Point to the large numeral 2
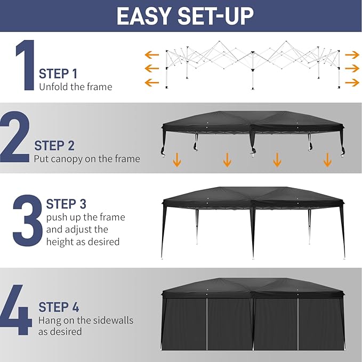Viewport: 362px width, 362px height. pyautogui.click(x=14, y=138)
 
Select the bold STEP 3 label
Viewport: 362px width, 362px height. pyautogui.click(x=66, y=204)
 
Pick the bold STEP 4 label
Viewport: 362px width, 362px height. pyautogui.click(x=59, y=307)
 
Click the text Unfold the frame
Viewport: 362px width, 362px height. pyautogui.click(x=75, y=86)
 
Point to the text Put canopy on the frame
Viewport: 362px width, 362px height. pyautogui.click(x=87, y=158)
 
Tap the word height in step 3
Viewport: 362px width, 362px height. pyautogui.click(x=60, y=242)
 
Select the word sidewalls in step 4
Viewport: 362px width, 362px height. pyautogui.click(x=110, y=320)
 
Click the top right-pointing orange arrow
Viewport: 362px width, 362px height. pyautogui.click(x=352, y=55)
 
